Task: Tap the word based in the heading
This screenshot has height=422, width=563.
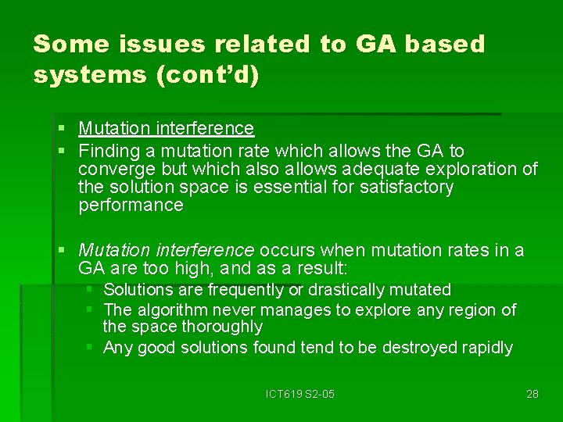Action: pyautogui.click(x=443, y=44)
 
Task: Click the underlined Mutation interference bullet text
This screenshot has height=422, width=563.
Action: pyautogui.click(x=167, y=128)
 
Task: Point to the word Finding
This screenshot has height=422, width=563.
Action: pyautogui.click(x=109, y=150)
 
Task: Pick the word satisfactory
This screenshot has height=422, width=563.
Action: pyautogui.click(x=407, y=188)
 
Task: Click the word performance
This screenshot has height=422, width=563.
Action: pyautogui.click(x=131, y=206)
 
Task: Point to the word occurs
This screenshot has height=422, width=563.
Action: pyautogui.click(x=285, y=250)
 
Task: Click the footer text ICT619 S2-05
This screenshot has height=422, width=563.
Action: pyautogui.click(x=299, y=394)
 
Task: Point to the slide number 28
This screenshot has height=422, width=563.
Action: pyautogui.click(x=533, y=394)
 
